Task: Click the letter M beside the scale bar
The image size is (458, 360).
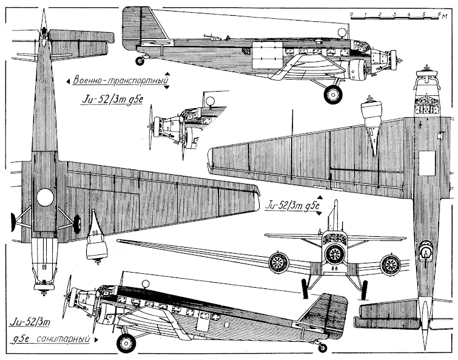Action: coord(449,13)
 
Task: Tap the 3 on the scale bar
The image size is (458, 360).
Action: coord(395,12)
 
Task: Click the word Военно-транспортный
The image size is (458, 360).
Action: coord(118,80)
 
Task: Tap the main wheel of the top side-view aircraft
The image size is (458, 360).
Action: coord(333,93)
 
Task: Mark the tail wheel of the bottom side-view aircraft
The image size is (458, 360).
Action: coord(323,347)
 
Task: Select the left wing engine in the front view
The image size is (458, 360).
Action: coord(278,263)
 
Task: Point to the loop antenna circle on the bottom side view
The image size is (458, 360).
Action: coord(145,284)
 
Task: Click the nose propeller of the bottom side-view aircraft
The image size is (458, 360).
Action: coord(70,296)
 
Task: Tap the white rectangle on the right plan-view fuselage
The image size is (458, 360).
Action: coord(429,163)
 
